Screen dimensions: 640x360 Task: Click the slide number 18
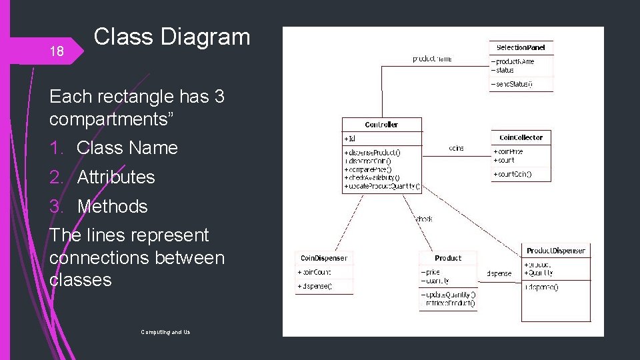pyautogui.click(x=57, y=51)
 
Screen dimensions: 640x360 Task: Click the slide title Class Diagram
pyautogui.click(x=172, y=37)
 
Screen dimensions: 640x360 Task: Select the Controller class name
pyautogui.click(x=381, y=125)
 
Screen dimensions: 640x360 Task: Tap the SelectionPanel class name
pyautogui.click(x=521, y=47)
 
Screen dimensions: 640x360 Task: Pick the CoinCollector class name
pyautogui.click(x=521, y=137)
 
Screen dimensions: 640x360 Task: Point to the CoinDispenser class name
pyautogui.click(x=324, y=258)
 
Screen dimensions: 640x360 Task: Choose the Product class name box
pyautogui.click(x=448, y=258)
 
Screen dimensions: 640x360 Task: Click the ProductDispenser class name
pyautogui.click(x=556, y=251)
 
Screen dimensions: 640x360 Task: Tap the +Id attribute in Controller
pyautogui.click(x=350, y=139)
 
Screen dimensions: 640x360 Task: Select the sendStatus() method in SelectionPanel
pyautogui.click(x=513, y=85)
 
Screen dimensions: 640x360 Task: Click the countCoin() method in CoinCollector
pyautogui.click(x=513, y=174)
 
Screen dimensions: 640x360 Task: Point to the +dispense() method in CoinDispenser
pyautogui.click(x=315, y=286)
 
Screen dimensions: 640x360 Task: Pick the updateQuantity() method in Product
pyautogui.click(x=449, y=294)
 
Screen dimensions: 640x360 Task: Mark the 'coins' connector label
pyautogui.click(x=457, y=148)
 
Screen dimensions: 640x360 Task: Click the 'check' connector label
pyautogui.click(x=424, y=218)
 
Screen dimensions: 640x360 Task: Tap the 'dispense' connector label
pyautogui.click(x=499, y=273)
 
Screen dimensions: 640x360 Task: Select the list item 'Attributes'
pyautogui.click(x=116, y=177)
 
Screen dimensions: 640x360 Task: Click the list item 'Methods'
pyautogui.click(x=112, y=207)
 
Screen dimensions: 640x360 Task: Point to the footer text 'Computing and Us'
pyautogui.click(x=165, y=331)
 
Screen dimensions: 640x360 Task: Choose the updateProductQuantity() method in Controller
pyautogui.click(x=382, y=187)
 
